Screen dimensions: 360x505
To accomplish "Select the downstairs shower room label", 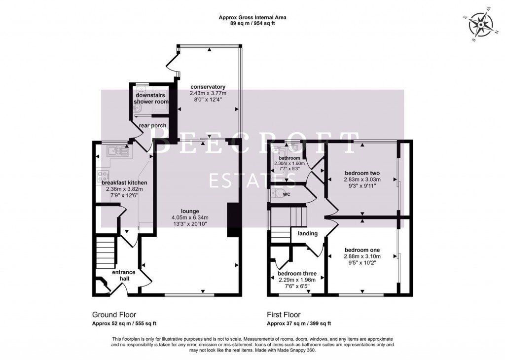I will (150, 98).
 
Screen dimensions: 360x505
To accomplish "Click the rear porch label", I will (152, 125).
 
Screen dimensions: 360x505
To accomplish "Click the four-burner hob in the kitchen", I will (104, 176).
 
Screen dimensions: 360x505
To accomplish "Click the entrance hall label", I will (120, 275).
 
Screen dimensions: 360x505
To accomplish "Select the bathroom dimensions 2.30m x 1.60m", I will (289, 163).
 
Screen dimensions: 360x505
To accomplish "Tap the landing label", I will (308, 233).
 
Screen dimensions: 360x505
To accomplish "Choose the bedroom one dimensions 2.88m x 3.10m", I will (362, 256).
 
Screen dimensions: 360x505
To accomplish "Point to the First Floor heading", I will (284, 315).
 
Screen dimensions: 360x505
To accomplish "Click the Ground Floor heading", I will (114, 315).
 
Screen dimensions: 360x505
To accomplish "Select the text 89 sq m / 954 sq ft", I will (252, 23).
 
